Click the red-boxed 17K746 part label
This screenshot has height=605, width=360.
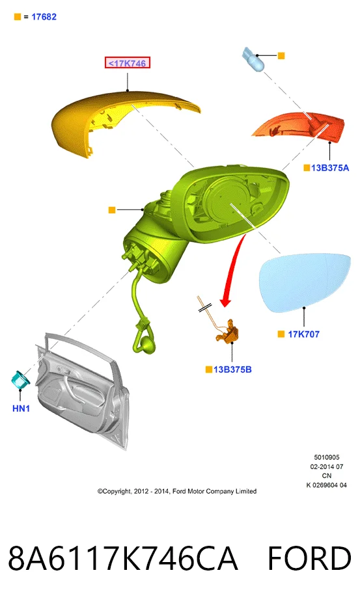point(127,63)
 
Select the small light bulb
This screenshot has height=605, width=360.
point(253,59)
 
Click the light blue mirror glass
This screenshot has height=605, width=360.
point(305,282)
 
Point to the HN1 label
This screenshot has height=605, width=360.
point(21,409)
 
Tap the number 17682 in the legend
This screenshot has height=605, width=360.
point(44,17)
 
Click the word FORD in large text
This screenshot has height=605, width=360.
point(309,558)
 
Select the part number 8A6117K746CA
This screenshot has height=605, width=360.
point(123,558)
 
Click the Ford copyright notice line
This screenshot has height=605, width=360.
point(177,491)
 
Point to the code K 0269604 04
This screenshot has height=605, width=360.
point(326,485)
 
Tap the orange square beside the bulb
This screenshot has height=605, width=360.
point(281,56)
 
